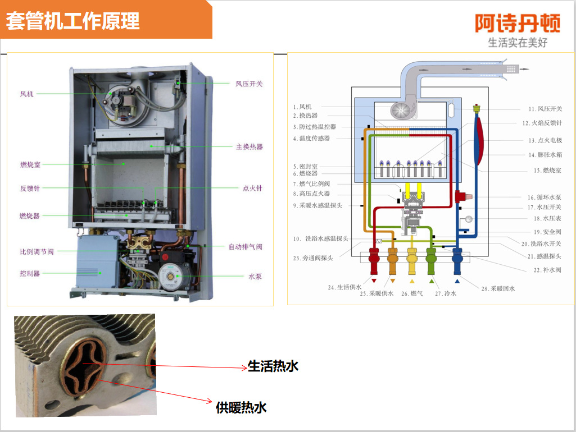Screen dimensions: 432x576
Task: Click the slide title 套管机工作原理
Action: [72, 21]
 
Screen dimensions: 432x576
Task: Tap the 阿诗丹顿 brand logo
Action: [517, 23]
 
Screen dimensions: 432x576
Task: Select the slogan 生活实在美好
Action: [517, 43]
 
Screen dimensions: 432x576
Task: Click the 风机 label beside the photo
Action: [27, 94]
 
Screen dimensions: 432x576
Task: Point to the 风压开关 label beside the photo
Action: [249, 84]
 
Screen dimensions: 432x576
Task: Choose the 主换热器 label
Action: [249, 147]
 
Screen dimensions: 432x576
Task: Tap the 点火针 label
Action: [252, 189]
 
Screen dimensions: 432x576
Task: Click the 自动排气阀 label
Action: [245, 247]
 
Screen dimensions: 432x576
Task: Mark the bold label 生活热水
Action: [273, 366]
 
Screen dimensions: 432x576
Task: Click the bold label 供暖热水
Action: [241, 407]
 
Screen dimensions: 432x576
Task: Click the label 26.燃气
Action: [412, 293]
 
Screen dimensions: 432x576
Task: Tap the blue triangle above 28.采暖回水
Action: [457, 281]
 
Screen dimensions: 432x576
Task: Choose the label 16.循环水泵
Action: [544, 197]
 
